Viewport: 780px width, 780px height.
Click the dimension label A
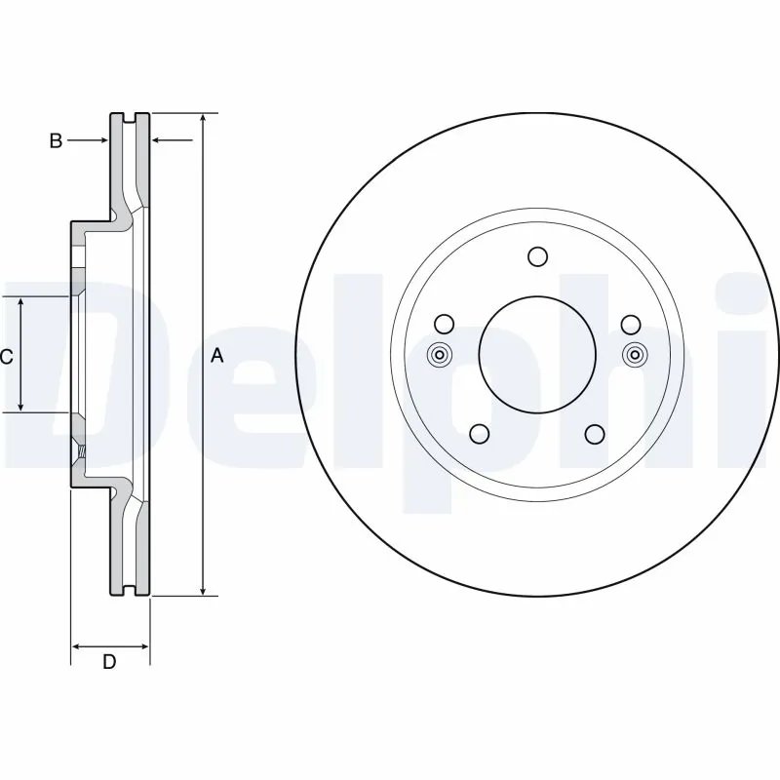(x=217, y=356)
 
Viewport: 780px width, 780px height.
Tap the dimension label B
(x=56, y=141)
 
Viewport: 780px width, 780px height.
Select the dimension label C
(x=6, y=357)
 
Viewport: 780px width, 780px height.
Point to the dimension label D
(x=109, y=663)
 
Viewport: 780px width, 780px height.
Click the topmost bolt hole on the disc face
(x=536, y=256)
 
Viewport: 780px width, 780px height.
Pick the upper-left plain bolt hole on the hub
(x=444, y=324)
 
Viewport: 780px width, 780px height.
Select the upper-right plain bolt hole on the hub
(x=629, y=324)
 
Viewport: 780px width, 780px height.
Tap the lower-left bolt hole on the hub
(x=479, y=434)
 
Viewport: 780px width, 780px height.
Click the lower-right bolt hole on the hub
(x=594, y=434)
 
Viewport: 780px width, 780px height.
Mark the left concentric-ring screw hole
(x=439, y=355)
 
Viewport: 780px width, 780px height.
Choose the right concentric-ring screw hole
(x=635, y=355)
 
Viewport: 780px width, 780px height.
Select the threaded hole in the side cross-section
(x=82, y=452)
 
